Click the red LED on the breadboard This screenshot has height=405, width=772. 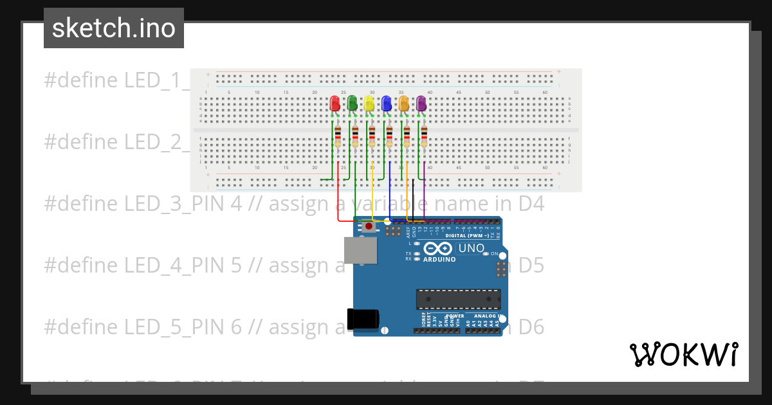[x=335, y=104]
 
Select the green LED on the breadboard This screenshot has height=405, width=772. [x=352, y=104]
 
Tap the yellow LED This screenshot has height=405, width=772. [x=369, y=104]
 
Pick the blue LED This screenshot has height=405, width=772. [x=386, y=104]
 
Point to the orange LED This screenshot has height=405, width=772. [x=403, y=104]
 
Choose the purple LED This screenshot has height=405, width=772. [x=421, y=104]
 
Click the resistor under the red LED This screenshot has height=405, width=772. [x=338, y=137]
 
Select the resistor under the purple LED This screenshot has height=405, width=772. [x=424, y=137]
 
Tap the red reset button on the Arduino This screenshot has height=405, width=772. [x=369, y=226]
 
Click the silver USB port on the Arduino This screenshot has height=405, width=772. [x=360, y=251]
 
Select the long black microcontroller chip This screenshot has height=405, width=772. [x=458, y=299]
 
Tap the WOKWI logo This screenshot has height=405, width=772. [x=683, y=354]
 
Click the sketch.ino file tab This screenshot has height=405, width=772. [x=114, y=28]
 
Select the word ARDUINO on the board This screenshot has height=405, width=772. [x=440, y=260]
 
